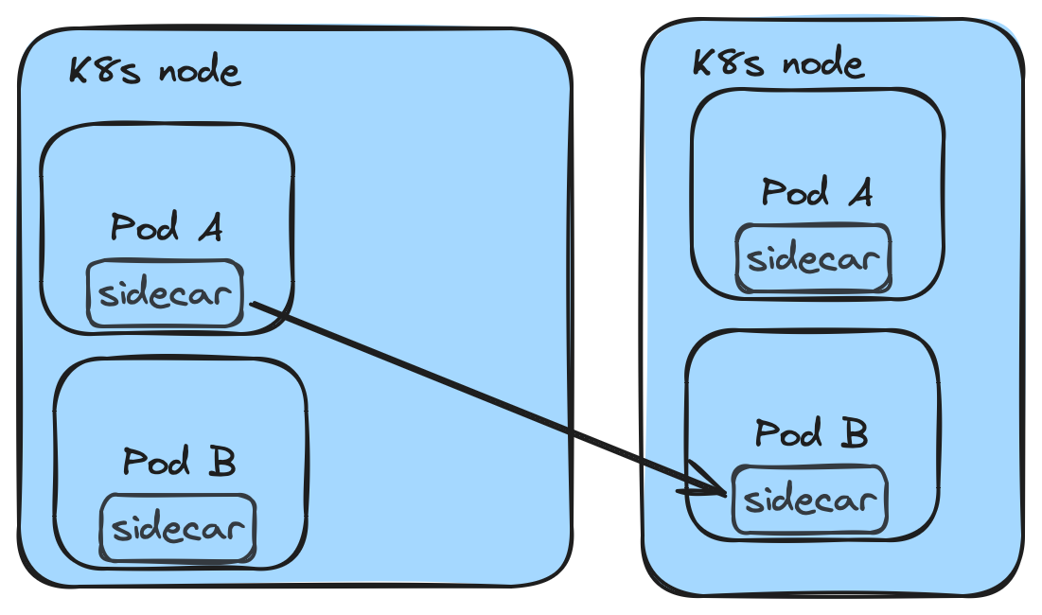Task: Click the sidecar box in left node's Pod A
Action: pyautogui.click(x=165, y=294)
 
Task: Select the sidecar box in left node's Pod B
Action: pyautogui.click(x=178, y=528)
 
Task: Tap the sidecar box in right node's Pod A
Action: pyautogui.click(x=813, y=258)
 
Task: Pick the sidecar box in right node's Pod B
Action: pyautogui.click(x=809, y=499)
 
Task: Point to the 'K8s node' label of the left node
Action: pyautogui.click(x=154, y=71)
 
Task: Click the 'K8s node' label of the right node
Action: pyautogui.click(x=778, y=63)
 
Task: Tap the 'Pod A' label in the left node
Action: pyautogui.click(x=167, y=228)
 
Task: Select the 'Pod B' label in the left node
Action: pyautogui.click(x=179, y=463)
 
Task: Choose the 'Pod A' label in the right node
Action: pyautogui.click(x=817, y=193)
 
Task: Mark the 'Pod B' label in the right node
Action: pyautogui.click(x=811, y=434)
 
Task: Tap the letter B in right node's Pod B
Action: pyautogui.click(x=854, y=434)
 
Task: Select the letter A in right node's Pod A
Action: pyautogui.click(x=859, y=193)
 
